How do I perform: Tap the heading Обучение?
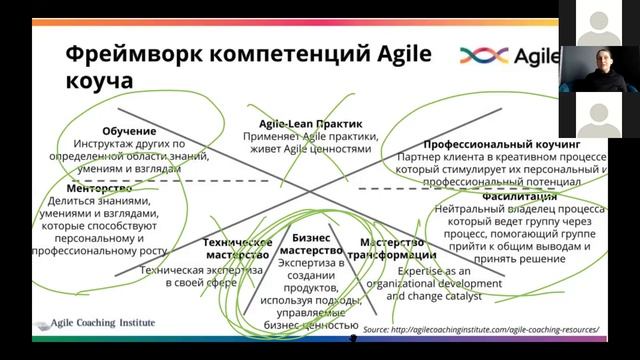(129, 131)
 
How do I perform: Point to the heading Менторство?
(99, 188)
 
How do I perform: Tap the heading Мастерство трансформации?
(398, 249)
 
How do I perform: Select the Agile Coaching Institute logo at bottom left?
(101, 324)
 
